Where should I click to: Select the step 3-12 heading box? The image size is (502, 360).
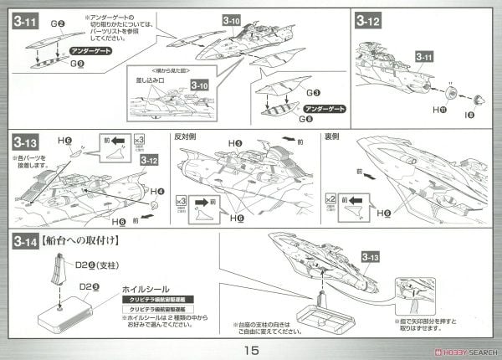[x=370, y=21]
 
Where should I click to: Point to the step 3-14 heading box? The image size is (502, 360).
[x=27, y=242]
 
